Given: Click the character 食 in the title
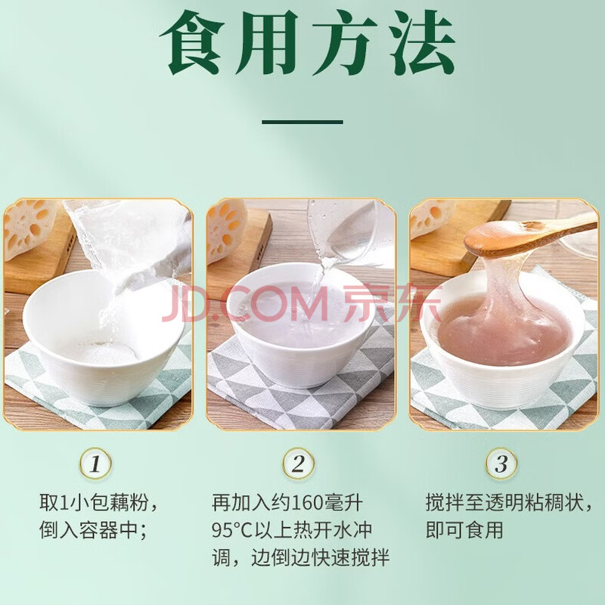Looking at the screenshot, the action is coord(194,43).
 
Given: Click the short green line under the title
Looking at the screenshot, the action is coord(302,122).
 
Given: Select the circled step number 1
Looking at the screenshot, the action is coord(96,464).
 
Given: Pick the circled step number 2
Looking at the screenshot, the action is coord(298,464).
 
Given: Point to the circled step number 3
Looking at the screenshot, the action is coord(501,464).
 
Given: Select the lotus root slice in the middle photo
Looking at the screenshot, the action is coord(225,231).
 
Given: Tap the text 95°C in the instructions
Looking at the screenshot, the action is coord(231,530).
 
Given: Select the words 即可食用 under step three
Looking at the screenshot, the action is coord(464,530).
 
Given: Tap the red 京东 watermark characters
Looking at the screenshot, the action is coord(392,305).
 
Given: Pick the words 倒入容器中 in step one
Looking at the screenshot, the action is coord(88,530).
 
